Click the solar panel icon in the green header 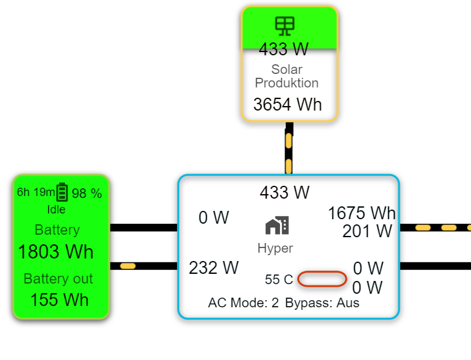click(x=284, y=25)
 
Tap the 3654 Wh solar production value click(x=288, y=104)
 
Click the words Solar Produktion click(x=287, y=76)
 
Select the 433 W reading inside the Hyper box click(x=284, y=192)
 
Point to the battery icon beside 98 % click(x=62, y=192)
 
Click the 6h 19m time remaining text click(x=35, y=193)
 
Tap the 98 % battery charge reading click(x=87, y=194)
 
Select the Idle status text click(x=56, y=210)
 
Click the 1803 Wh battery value click(x=56, y=251)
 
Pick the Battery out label click(x=58, y=279)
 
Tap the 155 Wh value click(x=59, y=300)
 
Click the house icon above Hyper click(x=277, y=226)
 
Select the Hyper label click(x=275, y=248)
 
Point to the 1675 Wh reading click(x=362, y=213)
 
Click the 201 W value click(x=367, y=231)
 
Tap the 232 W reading click(x=214, y=267)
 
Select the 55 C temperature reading click(x=279, y=280)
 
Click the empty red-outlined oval click(x=322, y=280)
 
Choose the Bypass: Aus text click(x=322, y=303)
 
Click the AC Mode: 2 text click(x=243, y=303)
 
